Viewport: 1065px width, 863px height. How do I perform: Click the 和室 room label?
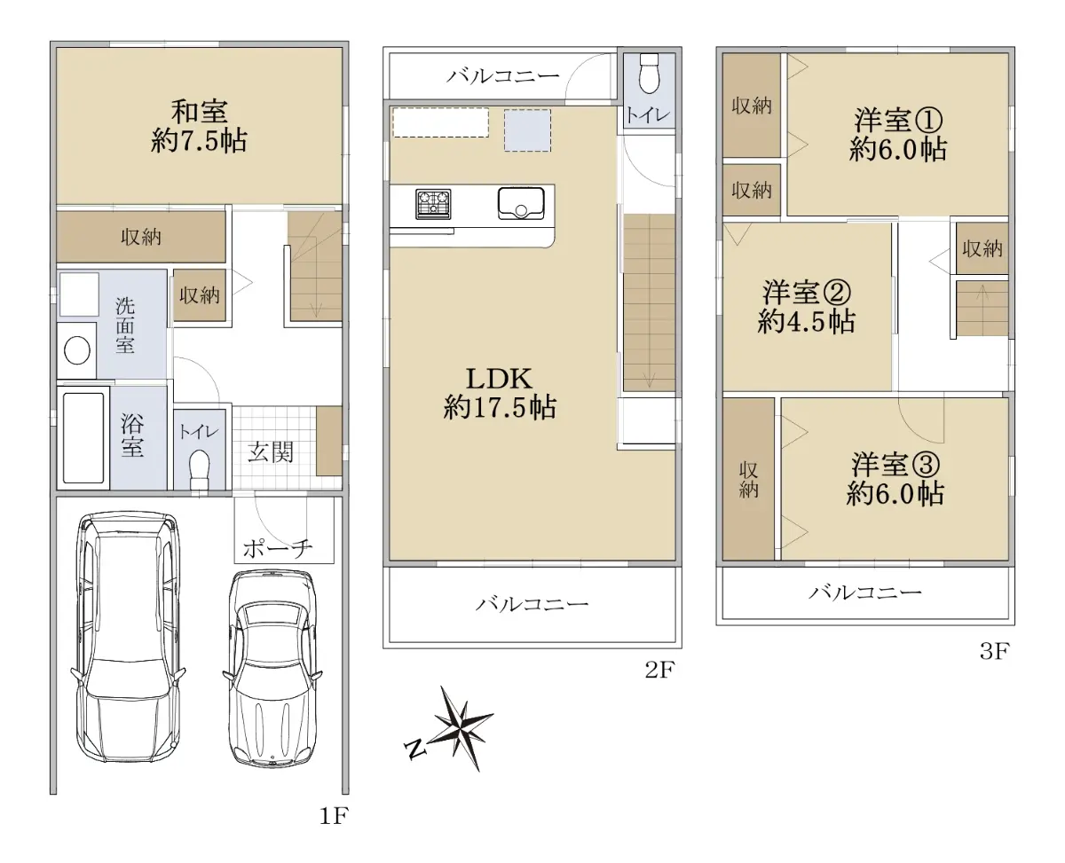point(200,112)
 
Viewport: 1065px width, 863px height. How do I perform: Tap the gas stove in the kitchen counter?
point(433,204)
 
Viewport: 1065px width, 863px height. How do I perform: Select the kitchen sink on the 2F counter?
point(521,203)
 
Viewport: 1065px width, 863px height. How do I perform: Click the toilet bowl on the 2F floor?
point(649,74)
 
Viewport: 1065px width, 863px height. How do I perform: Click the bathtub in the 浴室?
point(83,438)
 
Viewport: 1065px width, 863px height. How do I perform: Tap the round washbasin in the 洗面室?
point(77,350)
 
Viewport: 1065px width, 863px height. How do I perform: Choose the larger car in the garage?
point(128,636)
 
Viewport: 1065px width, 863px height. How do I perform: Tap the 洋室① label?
point(898,120)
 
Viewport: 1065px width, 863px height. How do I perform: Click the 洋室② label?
point(806,293)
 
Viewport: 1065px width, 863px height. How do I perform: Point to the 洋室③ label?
point(895,465)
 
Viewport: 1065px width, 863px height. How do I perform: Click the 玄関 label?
point(271,452)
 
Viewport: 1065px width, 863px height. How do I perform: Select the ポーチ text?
point(278,548)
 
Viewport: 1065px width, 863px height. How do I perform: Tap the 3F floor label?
point(994,651)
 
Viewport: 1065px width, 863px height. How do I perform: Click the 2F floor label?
point(660,670)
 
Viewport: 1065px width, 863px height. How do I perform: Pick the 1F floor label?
point(334,815)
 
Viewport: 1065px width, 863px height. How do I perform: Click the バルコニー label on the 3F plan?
point(865,592)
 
